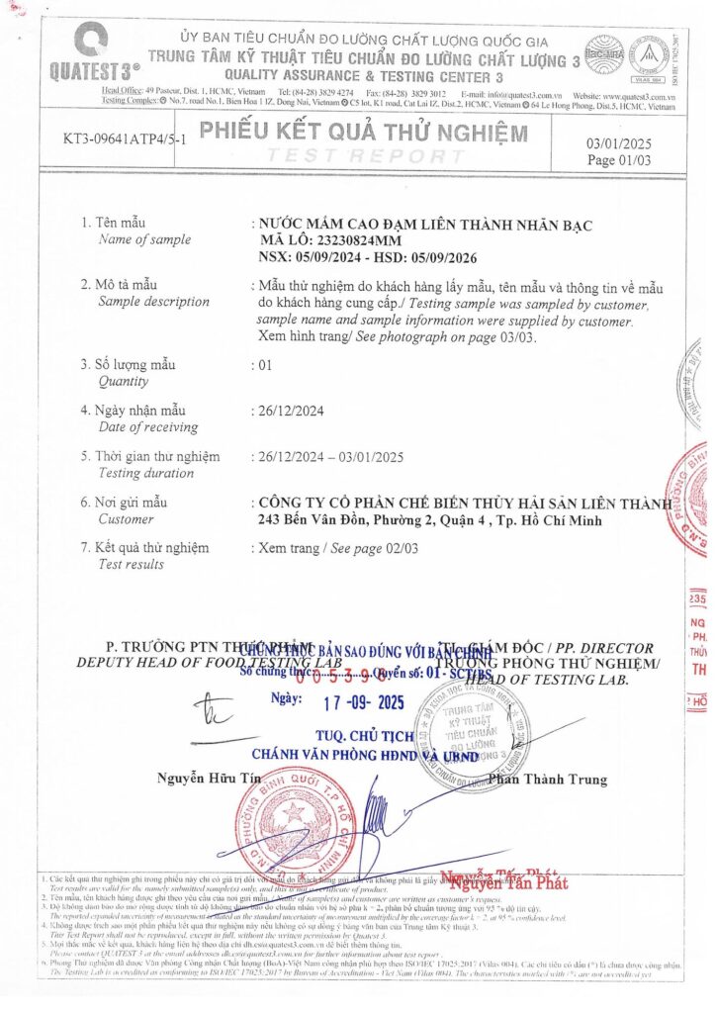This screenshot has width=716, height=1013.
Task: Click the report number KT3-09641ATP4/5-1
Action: point(127,138)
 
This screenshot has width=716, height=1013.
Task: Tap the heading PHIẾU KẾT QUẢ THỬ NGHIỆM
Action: point(362,133)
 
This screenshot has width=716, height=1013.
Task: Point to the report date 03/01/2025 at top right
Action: point(619,143)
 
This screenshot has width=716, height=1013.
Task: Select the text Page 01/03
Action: point(619,160)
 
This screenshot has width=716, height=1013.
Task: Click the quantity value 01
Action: point(264,364)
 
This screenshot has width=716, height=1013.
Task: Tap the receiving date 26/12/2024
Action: point(289,410)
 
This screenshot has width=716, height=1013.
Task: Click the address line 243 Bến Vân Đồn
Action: point(314,520)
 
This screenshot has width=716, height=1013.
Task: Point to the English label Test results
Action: point(131,564)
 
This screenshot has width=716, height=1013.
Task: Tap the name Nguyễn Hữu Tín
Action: point(196,780)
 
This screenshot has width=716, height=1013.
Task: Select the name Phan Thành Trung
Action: point(548,780)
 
